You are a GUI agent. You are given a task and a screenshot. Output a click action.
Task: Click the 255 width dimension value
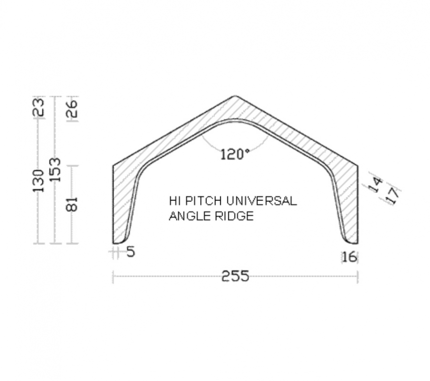click(x=235, y=276)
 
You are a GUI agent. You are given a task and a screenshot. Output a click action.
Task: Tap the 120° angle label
click(x=235, y=154)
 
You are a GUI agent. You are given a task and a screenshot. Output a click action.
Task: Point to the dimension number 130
click(x=40, y=180)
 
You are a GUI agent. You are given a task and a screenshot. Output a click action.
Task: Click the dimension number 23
click(x=40, y=107)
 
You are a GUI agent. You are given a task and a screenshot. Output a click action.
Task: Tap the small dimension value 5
click(x=130, y=252)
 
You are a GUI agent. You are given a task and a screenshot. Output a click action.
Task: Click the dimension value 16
click(x=349, y=257)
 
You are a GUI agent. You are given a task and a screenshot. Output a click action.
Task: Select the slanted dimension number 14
click(x=376, y=184)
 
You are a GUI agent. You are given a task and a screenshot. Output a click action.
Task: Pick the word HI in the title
click(x=173, y=201)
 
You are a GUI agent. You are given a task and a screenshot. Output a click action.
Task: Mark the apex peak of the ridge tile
click(x=235, y=97)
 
